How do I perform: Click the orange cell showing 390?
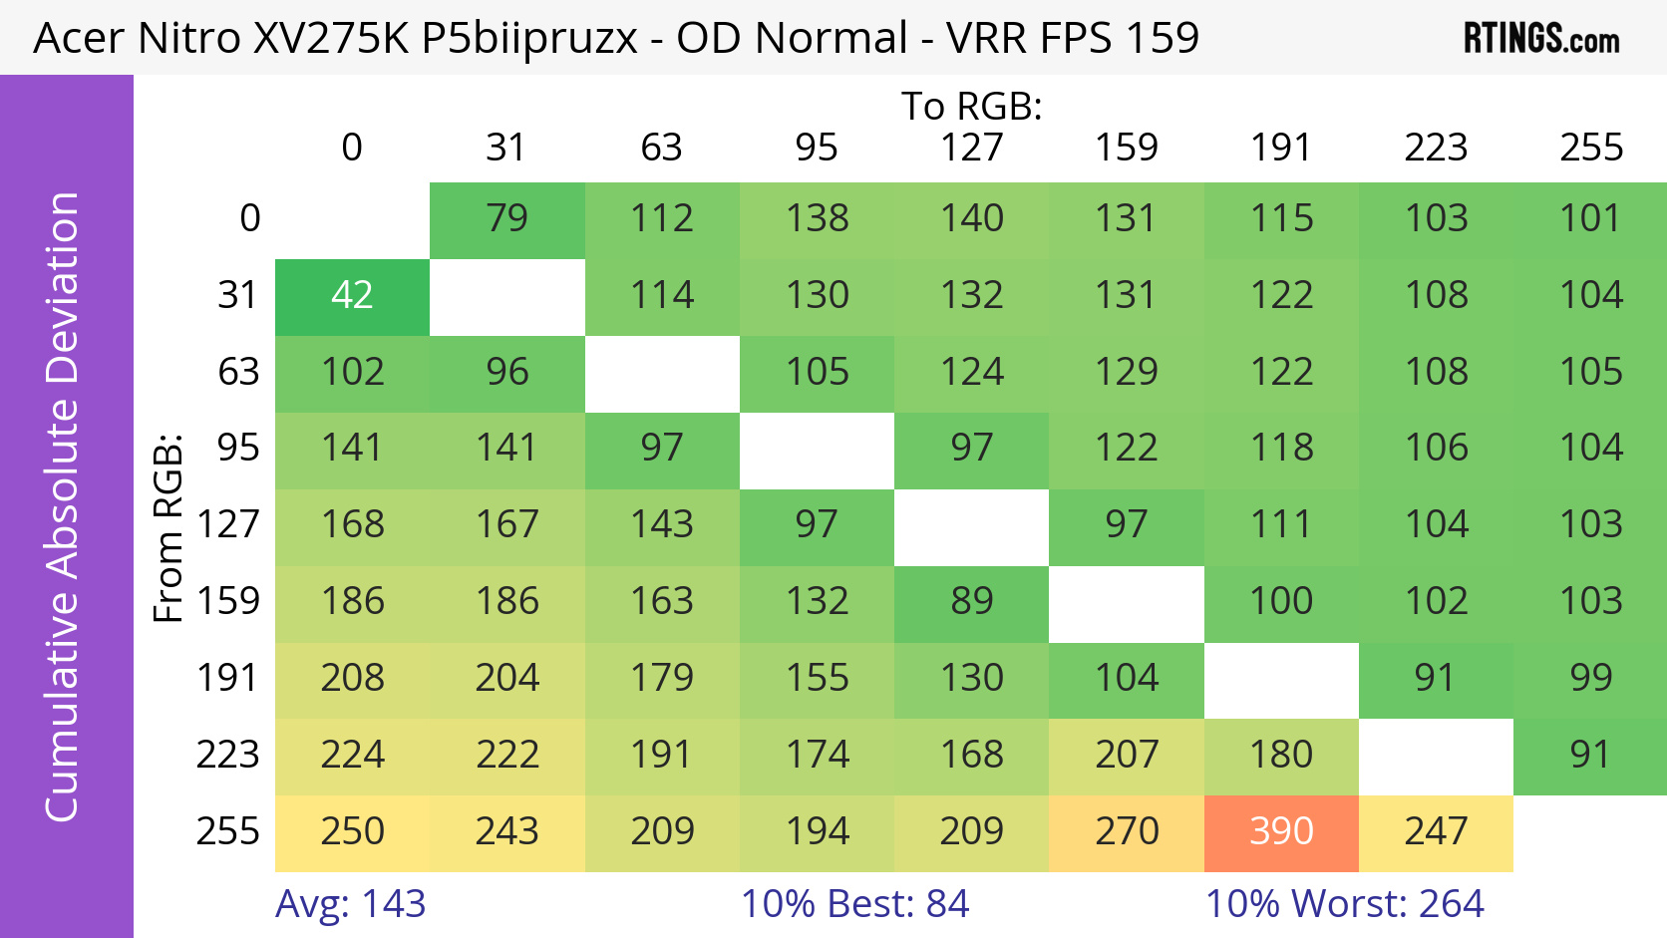tap(1281, 832)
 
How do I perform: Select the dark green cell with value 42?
tap(352, 296)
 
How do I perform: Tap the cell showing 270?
tap(1127, 832)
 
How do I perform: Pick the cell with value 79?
tap(506, 219)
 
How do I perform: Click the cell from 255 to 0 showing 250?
tap(352, 832)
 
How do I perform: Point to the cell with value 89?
tap(971, 602)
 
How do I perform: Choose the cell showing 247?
tap(1436, 832)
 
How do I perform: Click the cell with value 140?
tap(971, 219)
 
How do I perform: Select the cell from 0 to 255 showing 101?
tap(1590, 219)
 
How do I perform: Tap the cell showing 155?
tap(817, 679)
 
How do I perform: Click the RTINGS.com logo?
tap(1540, 39)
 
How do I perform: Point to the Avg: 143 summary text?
tap(350, 904)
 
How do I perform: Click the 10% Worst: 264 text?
tap(1344, 904)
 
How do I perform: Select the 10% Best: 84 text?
tap(854, 904)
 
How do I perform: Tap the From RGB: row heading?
tap(168, 527)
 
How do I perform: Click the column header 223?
tap(1436, 149)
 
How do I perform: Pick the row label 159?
tap(228, 602)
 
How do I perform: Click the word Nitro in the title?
tap(188, 39)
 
